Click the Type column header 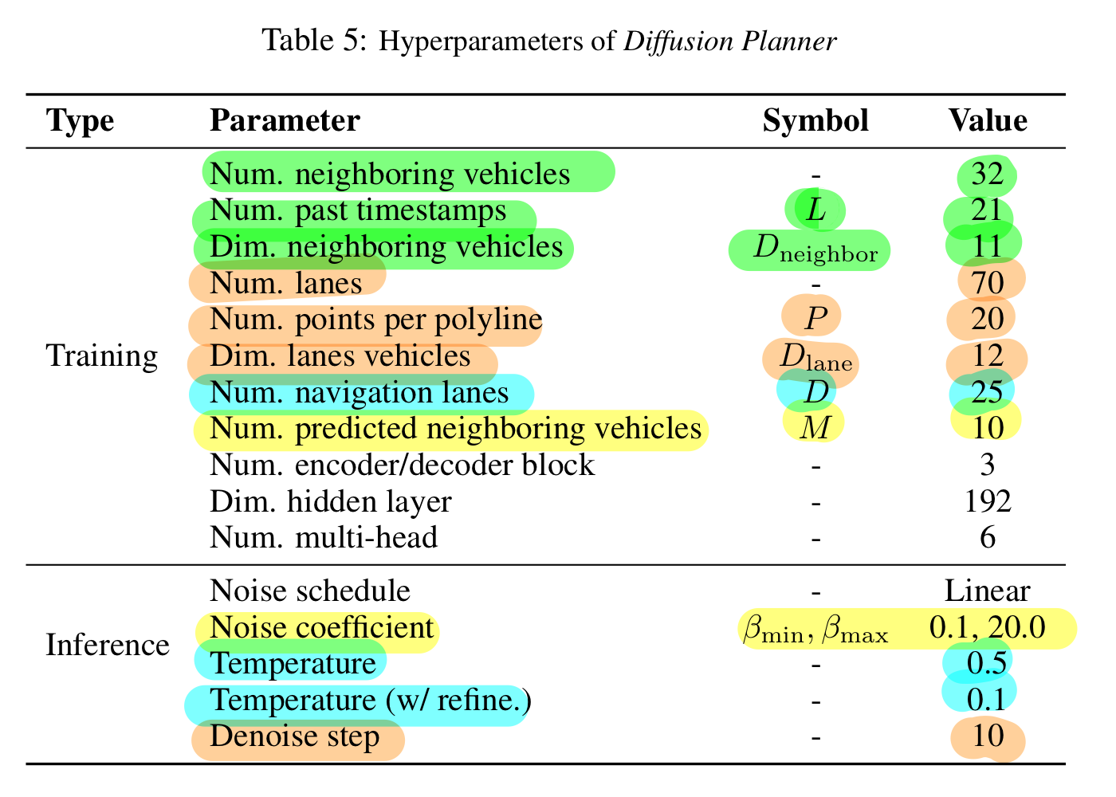click(81, 121)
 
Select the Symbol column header click(815, 121)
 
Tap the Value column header click(987, 121)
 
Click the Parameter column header click(285, 121)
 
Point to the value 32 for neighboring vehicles click(987, 174)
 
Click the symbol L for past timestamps click(815, 210)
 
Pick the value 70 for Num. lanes click(987, 283)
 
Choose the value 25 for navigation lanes click(987, 392)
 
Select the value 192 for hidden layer click(987, 501)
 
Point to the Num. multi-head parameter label click(323, 538)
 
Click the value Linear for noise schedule click(987, 591)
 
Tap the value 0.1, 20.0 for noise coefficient click(987, 628)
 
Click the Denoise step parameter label click(294, 736)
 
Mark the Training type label click(102, 356)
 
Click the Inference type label click(108, 645)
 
